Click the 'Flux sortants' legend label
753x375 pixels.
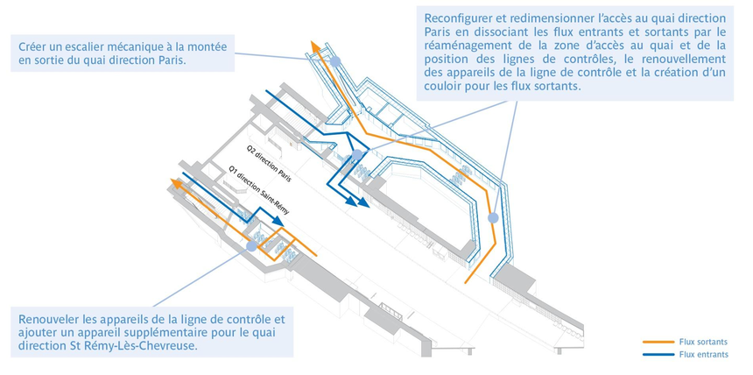point(703,343)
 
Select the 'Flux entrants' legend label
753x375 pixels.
point(704,355)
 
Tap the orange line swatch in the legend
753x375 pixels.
point(658,343)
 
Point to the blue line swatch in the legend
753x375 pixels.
point(658,356)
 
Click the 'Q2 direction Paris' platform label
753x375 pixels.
point(269,164)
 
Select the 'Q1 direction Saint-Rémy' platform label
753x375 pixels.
point(259,192)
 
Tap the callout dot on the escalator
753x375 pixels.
point(335,61)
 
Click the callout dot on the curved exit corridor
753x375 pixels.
point(493,218)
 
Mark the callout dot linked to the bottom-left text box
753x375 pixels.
point(251,246)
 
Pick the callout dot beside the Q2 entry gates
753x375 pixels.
point(357,155)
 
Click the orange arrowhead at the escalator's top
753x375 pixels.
point(315,46)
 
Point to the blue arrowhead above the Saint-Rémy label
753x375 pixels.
point(278,221)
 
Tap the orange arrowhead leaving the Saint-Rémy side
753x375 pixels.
point(176,183)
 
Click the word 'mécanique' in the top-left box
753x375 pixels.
point(145,47)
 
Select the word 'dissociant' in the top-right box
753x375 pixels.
point(516,32)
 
